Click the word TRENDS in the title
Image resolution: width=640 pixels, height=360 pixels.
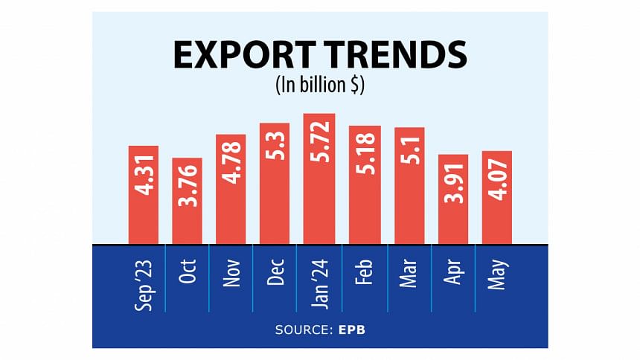395,57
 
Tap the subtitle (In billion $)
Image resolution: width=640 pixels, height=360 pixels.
320,86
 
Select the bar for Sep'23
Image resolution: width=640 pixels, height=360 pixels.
143,195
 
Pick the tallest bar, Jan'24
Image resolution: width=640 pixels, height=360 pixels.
319,179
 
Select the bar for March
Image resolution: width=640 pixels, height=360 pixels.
409,186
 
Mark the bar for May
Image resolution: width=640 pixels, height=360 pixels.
496,197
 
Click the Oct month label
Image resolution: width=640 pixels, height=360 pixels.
187,271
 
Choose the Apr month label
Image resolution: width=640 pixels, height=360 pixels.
452,271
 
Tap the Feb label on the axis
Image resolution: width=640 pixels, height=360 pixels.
363,271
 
